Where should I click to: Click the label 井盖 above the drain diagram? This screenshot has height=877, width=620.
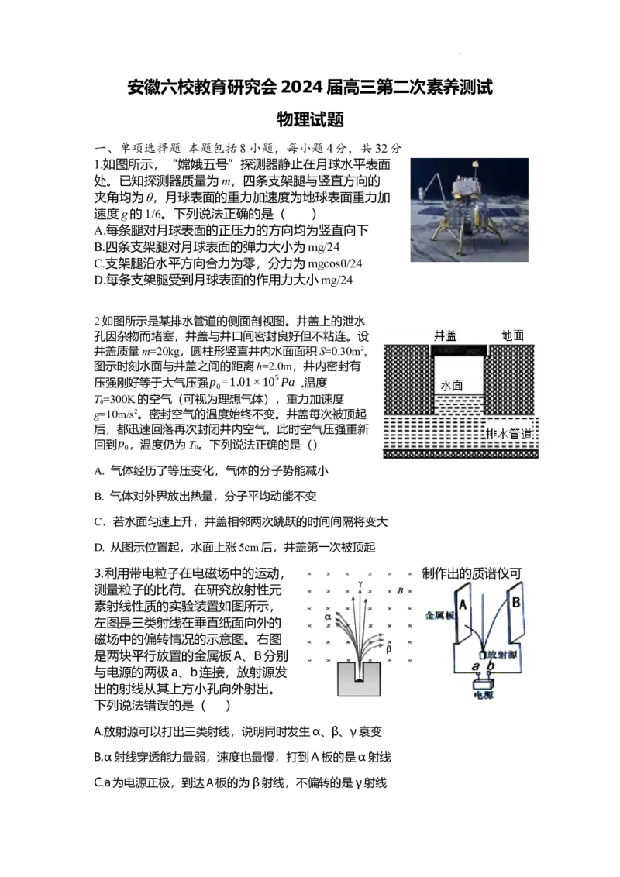(446, 335)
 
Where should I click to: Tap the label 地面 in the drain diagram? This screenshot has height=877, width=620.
(512, 335)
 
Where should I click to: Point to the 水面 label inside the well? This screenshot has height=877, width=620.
(452, 385)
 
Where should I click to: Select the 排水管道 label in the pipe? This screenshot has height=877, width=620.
(509, 434)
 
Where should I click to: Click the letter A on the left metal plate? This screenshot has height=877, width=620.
(463, 604)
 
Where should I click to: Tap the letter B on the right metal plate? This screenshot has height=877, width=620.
(516, 603)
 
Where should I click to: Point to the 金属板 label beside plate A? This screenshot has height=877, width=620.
(440, 615)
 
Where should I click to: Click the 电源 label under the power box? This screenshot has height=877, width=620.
(484, 695)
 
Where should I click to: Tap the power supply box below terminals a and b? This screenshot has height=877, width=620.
(484, 683)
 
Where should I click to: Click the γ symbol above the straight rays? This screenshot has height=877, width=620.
(360, 584)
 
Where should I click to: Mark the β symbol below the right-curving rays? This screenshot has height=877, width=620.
(388, 649)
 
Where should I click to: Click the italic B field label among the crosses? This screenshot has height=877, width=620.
(400, 590)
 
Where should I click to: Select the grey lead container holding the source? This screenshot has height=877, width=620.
(360, 679)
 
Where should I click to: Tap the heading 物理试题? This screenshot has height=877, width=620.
(311, 119)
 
